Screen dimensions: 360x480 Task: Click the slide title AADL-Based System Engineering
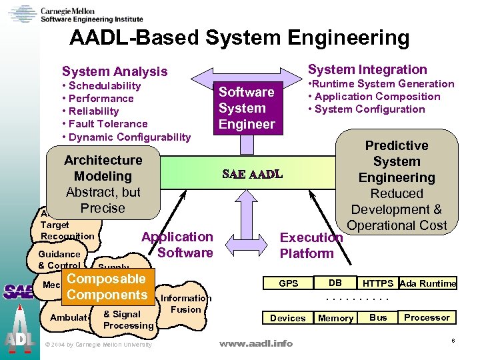tap(239, 38)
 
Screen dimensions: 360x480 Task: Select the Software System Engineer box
tap(247, 108)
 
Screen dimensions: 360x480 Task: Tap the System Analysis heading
tap(115, 71)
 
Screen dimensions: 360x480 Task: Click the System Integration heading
tap(367, 69)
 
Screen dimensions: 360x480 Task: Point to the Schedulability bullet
tap(101, 85)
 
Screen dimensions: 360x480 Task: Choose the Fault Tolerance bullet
tap(105, 123)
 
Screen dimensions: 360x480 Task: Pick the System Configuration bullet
tap(366, 109)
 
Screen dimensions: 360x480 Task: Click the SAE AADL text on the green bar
tap(252, 175)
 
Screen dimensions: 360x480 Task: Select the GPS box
tap(289, 283)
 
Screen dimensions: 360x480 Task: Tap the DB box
tap(336, 282)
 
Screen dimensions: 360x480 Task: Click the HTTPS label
tap(378, 283)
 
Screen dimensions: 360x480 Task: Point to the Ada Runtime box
tap(428, 283)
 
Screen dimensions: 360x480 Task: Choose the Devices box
tap(288, 318)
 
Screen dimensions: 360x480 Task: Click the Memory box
tap(335, 318)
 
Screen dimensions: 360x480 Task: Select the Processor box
tap(427, 317)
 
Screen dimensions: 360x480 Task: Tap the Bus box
tap(378, 317)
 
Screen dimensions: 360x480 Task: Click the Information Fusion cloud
tap(185, 304)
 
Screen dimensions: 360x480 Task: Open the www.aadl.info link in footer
tap(256, 343)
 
